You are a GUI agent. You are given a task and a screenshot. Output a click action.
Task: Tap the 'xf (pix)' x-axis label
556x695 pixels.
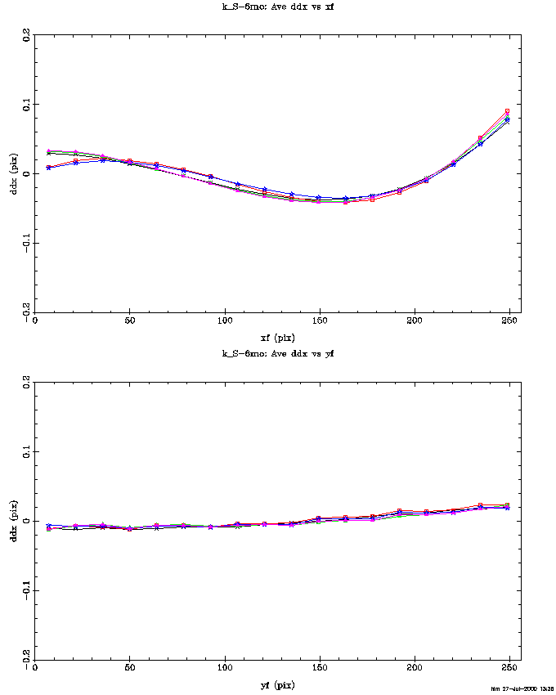[x=278, y=337]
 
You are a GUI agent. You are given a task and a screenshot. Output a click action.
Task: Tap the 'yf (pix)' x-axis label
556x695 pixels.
[x=278, y=684]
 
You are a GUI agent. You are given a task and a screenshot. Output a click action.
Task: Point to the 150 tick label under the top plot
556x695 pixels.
[x=320, y=321]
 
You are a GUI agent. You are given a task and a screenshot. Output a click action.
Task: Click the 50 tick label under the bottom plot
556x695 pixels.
[x=129, y=669]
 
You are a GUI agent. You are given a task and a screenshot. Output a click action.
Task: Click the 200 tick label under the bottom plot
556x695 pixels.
[x=415, y=669]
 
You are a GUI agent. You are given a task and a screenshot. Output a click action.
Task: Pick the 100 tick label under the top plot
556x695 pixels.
[x=224, y=321]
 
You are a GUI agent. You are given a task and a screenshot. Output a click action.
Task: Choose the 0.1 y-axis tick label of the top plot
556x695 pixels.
[x=27, y=105]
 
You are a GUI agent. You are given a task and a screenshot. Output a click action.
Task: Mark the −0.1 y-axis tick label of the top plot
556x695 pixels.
[x=27, y=243]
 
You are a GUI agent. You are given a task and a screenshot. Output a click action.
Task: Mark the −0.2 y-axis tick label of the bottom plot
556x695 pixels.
[x=27, y=659]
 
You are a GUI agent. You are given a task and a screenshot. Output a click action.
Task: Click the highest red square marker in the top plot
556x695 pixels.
[x=507, y=111]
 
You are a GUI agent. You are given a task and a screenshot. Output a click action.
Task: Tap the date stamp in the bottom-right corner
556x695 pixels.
[x=522, y=689]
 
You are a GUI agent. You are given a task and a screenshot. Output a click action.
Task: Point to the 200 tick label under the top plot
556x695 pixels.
[x=415, y=321]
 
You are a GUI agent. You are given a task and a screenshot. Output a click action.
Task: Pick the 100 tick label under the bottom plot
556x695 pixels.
[x=224, y=669]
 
